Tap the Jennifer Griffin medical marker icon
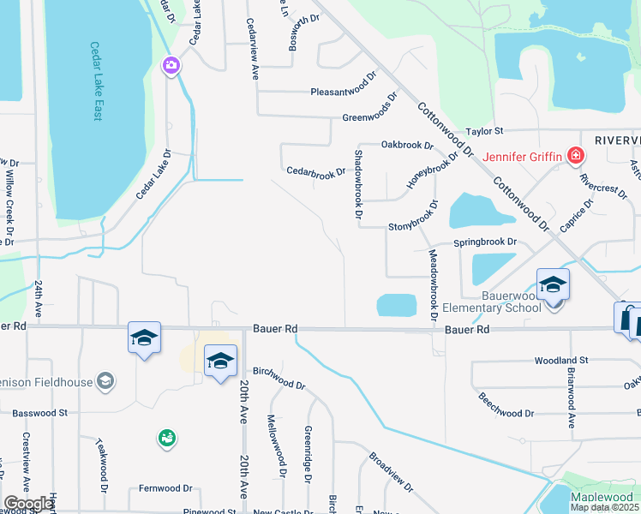click(x=576, y=156)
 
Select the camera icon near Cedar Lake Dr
click(x=171, y=65)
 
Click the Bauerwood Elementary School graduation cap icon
click(x=553, y=284)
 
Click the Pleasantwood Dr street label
click(x=343, y=90)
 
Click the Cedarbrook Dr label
click(x=315, y=171)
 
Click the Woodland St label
click(x=561, y=362)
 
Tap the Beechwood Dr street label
click(x=506, y=406)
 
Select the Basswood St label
click(x=39, y=413)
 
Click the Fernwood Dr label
click(x=166, y=488)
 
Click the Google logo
click(x=27, y=504)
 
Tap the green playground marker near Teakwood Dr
click(x=165, y=439)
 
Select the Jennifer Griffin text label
click(x=522, y=156)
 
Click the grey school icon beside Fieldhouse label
click(x=105, y=380)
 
